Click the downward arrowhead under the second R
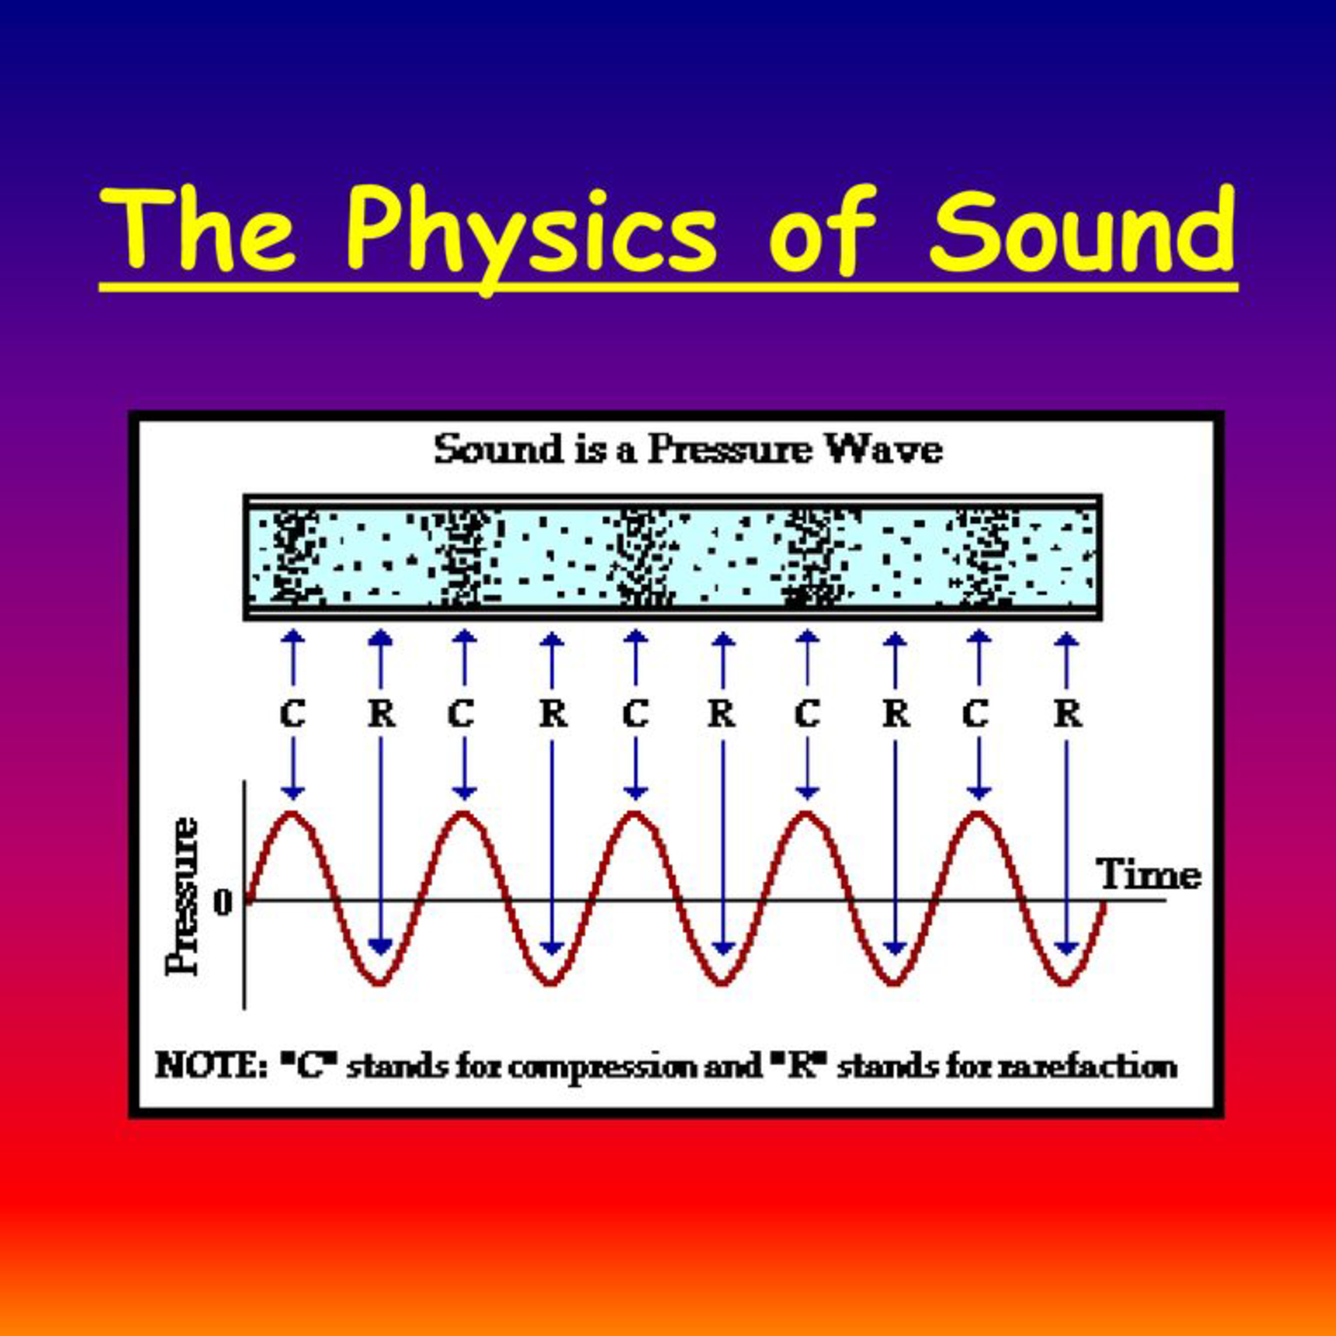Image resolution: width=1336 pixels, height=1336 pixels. (x=551, y=947)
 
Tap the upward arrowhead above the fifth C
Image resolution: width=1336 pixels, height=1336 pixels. (x=978, y=636)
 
